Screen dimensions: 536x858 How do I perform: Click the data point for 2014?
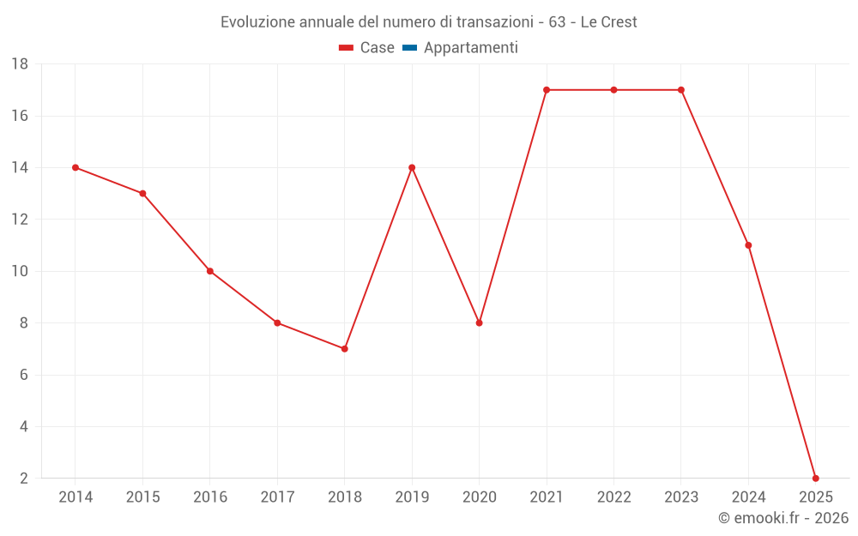(x=76, y=167)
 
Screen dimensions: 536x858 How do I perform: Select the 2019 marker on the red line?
(x=412, y=167)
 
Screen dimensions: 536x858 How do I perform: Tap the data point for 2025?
(x=816, y=478)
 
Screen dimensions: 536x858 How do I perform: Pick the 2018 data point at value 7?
(x=344, y=349)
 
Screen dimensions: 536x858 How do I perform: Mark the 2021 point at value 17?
(x=547, y=90)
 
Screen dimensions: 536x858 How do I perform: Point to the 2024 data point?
(x=748, y=245)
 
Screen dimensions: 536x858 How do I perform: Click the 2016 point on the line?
(x=210, y=271)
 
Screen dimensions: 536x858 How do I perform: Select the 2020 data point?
(x=479, y=323)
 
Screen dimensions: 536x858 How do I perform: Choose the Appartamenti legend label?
(x=470, y=48)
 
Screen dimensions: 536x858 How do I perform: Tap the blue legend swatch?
(x=409, y=48)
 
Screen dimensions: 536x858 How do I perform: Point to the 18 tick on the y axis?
(x=20, y=64)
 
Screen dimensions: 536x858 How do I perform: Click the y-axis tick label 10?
(x=20, y=271)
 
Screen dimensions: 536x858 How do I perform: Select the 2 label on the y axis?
(x=24, y=478)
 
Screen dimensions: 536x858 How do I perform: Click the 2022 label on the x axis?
(x=613, y=497)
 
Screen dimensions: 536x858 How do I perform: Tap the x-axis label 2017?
(x=277, y=497)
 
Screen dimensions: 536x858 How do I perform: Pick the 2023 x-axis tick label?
(x=681, y=497)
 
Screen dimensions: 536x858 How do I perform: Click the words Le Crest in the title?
(x=608, y=22)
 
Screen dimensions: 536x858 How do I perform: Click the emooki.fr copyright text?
(x=783, y=518)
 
